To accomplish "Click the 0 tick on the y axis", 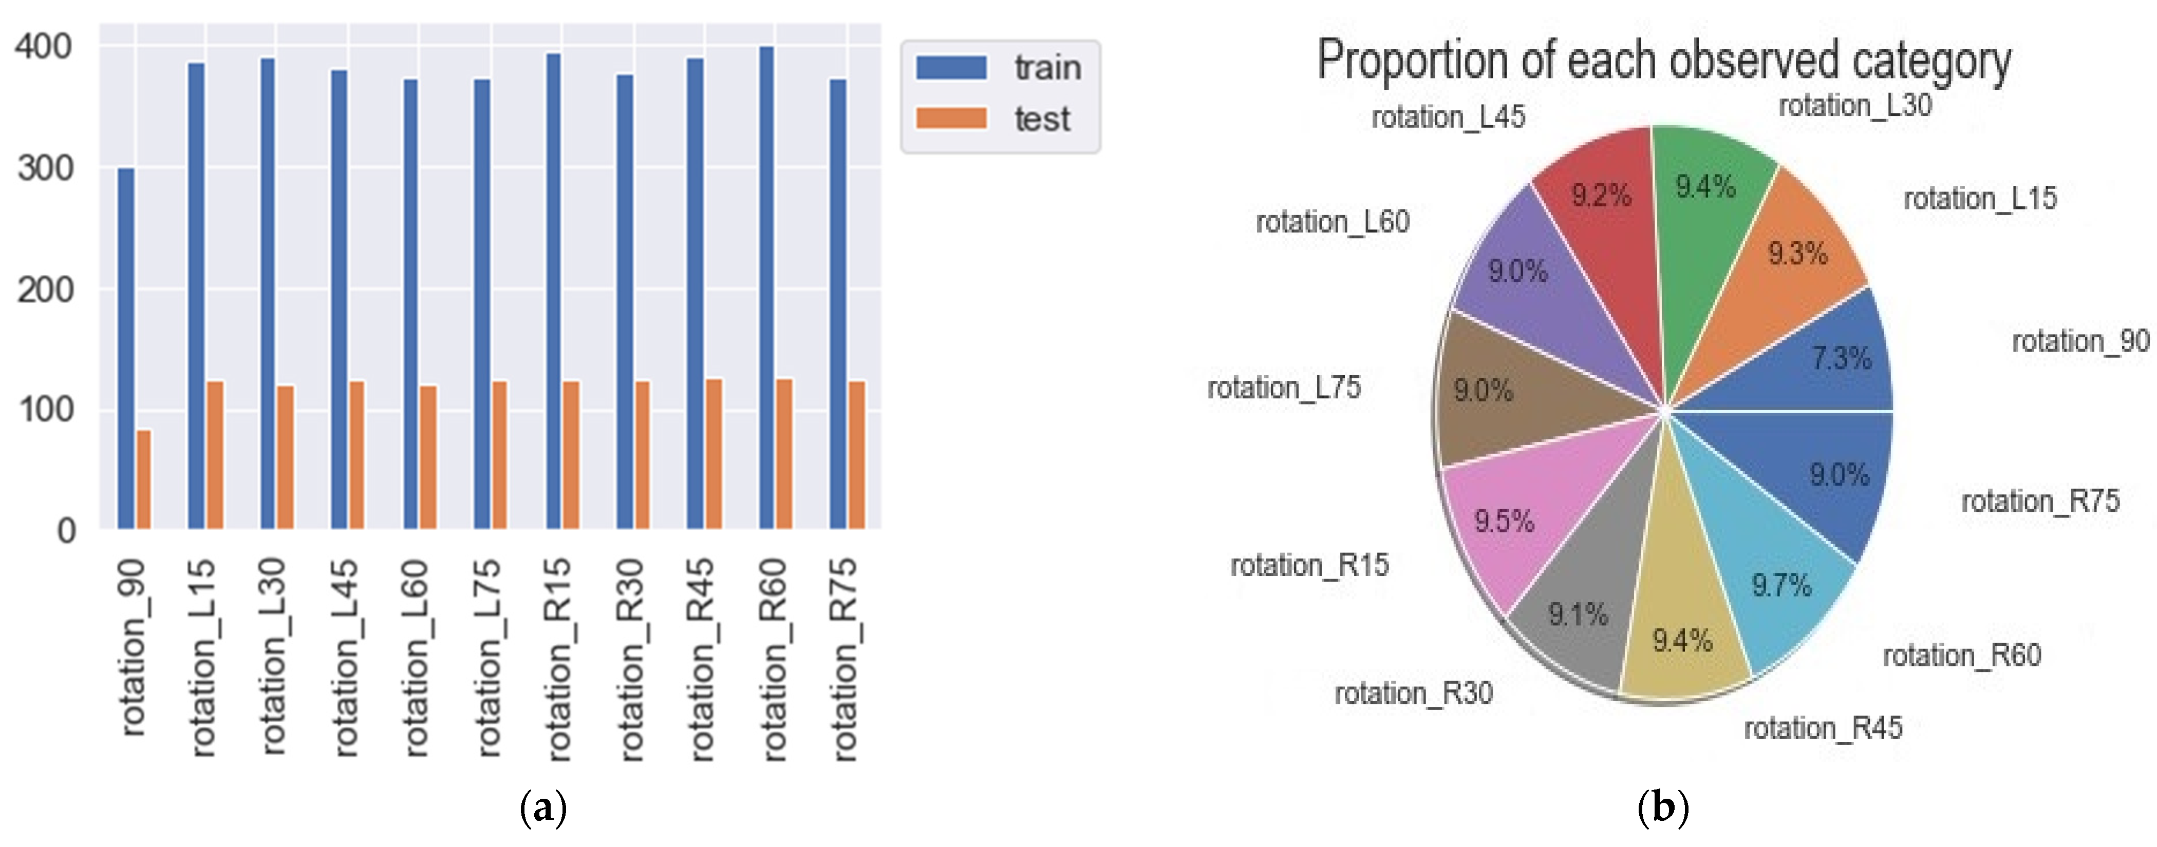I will (65, 531).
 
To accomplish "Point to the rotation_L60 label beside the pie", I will (1332, 222).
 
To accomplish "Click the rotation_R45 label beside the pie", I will (1823, 728).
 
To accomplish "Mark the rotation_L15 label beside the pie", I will (1979, 198).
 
